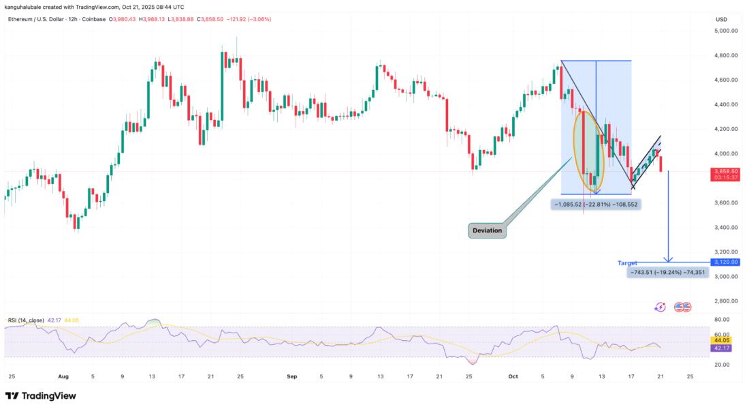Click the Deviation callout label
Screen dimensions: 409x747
coord(488,230)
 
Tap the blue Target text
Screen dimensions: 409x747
coord(627,262)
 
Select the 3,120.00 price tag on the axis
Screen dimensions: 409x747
coord(725,262)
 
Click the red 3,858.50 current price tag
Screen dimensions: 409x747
coord(725,172)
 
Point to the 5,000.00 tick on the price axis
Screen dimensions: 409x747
coord(725,31)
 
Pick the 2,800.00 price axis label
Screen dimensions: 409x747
coord(725,301)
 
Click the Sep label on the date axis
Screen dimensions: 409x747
coord(292,376)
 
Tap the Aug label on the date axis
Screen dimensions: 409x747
coord(64,376)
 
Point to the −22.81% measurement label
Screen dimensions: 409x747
coord(596,204)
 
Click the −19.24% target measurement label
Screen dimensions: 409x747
coord(667,272)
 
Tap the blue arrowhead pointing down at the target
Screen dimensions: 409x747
coord(669,259)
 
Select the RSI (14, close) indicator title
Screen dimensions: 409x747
coord(35,320)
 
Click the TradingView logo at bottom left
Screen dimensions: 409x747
coord(41,396)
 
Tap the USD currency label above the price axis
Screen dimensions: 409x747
coord(721,18)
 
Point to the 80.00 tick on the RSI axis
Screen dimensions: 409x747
coord(721,319)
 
